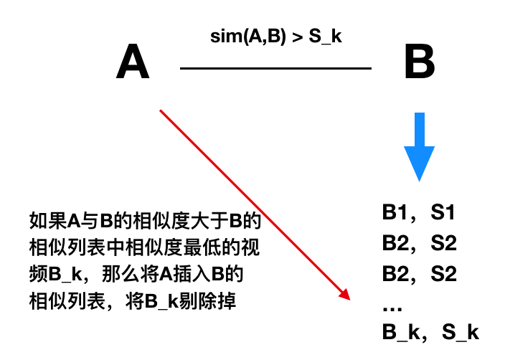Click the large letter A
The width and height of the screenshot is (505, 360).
pos(133,62)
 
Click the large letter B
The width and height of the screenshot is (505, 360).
pos(420,62)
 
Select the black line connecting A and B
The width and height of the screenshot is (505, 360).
pos(276,69)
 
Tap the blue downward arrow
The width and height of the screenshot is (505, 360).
pos(419,147)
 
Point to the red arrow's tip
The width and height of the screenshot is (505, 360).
pos(346,297)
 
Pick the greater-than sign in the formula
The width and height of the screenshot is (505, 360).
pos(297,37)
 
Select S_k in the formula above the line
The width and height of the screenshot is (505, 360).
pos(325,37)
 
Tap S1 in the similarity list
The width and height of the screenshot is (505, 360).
pos(443,213)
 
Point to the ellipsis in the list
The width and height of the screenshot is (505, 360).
pos(392,307)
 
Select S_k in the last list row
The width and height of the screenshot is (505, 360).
pos(460,332)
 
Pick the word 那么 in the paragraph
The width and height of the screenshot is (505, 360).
pos(115,275)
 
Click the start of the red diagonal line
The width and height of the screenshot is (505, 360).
pos(161,110)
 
